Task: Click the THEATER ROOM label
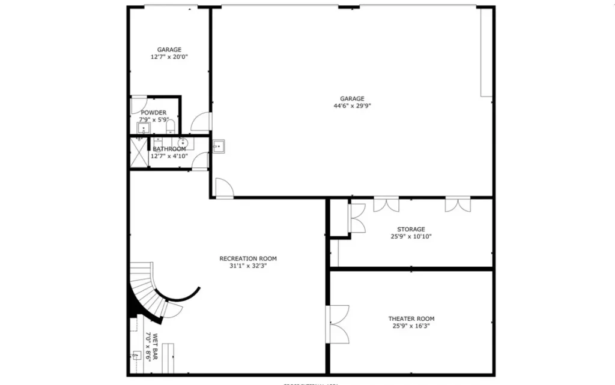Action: point(411,318)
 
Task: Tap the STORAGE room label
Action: point(411,229)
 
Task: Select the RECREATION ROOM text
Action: point(248,258)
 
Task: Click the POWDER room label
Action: point(154,113)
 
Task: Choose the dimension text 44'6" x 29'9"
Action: point(352,106)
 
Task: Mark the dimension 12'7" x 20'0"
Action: point(169,57)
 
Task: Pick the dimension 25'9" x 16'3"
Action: point(411,326)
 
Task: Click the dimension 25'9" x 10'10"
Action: point(411,236)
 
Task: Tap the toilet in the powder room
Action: point(171,127)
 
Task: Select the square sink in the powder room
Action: point(144,127)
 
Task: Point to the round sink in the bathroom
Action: point(182,143)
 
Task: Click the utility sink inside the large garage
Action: point(219,146)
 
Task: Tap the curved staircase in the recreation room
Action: point(148,290)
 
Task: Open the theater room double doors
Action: point(338,324)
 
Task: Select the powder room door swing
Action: point(138,104)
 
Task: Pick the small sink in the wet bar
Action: point(137,354)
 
